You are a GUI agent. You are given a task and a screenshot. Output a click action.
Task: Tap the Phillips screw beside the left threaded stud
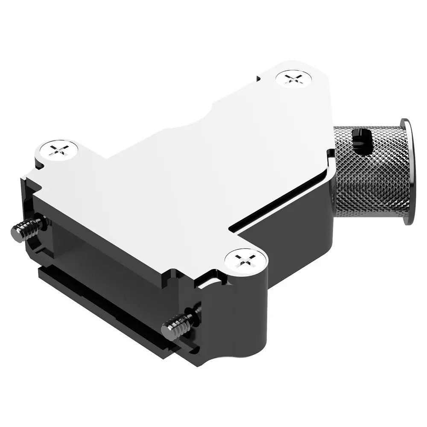click(58, 150)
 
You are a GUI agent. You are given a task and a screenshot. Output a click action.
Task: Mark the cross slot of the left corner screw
click(58, 150)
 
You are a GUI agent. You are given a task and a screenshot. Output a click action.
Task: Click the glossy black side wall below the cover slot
click(295, 239)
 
